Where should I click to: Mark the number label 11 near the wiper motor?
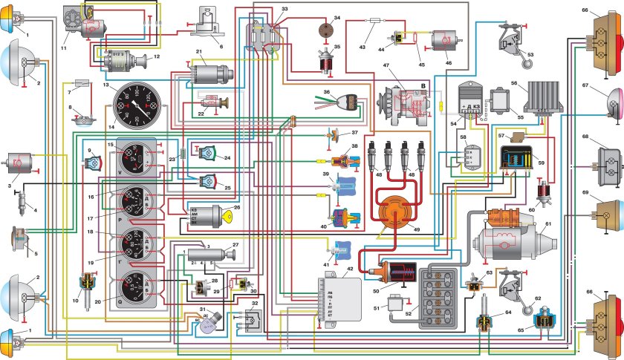point(64,48)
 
